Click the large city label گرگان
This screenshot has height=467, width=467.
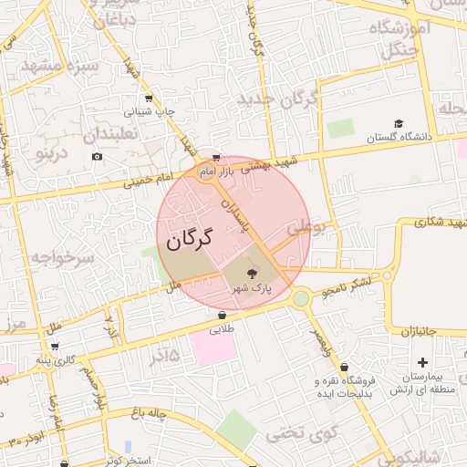pos(189,240)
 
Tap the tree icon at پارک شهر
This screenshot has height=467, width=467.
pos(253,272)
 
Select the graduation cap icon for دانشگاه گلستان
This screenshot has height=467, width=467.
pos(398,123)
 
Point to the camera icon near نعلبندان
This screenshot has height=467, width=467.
pos(98,157)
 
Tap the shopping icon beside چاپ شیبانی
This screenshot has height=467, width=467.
pos(148,99)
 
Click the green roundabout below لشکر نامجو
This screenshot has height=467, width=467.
pos(301,298)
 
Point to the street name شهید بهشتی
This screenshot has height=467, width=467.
pos(275,162)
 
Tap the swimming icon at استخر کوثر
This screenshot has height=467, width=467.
pos(127,447)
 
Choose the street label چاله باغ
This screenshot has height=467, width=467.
pos(148,413)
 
